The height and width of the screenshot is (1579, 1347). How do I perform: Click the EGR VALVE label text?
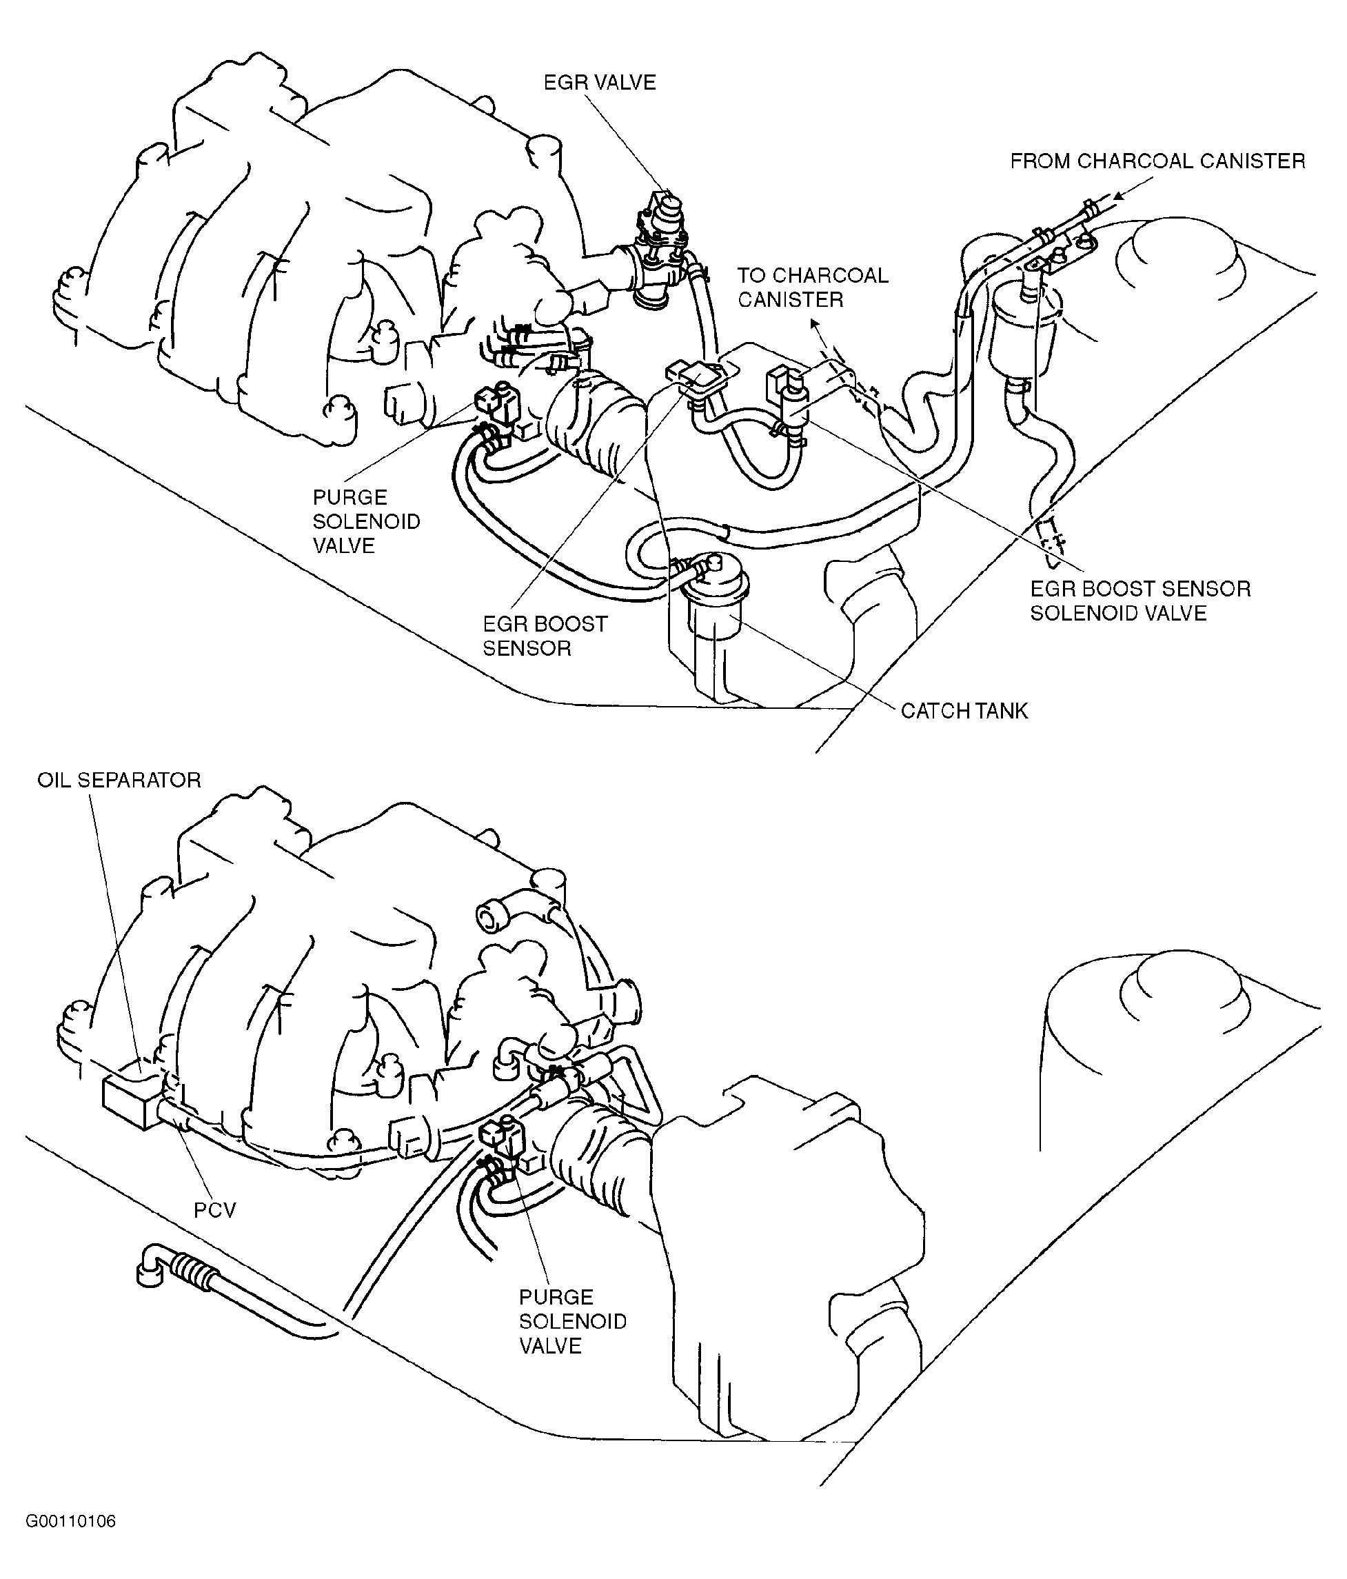click(x=599, y=82)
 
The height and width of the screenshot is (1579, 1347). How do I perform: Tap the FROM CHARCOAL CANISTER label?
click(x=1157, y=161)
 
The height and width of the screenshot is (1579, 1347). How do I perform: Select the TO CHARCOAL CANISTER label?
click(x=812, y=288)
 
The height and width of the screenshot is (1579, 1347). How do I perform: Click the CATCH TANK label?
click(x=964, y=711)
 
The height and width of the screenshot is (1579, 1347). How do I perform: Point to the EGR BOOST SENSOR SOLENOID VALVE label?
click(x=1140, y=601)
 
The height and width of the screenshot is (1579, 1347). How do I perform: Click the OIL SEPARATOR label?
click(x=119, y=781)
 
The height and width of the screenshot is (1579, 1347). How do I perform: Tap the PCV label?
click(x=215, y=1209)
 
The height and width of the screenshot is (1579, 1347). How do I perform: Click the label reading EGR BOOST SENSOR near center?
click(x=545, y=636)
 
